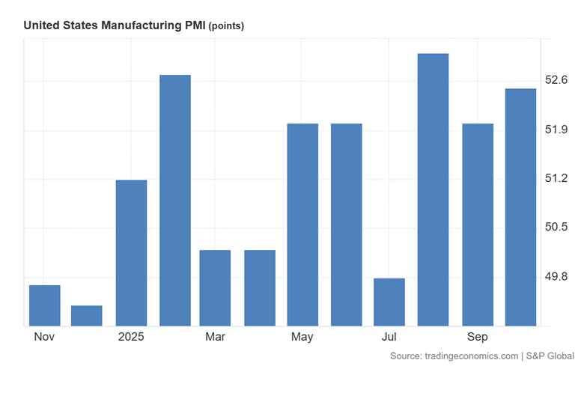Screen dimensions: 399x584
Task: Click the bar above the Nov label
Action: coord(44,305)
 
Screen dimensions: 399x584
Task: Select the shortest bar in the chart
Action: coord(87,316)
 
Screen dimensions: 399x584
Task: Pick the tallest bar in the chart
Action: coord(433,189)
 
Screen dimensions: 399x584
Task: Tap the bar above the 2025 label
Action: coord(131,253)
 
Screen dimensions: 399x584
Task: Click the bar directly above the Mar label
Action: coord(215,288)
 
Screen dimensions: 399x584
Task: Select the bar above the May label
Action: coord(302,225)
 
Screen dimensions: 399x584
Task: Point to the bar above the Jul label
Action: coord(389,302)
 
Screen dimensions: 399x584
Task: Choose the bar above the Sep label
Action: coord(478,225)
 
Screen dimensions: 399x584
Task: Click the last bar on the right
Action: coord(521,207)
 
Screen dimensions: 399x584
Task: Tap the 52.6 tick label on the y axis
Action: coord(557,80)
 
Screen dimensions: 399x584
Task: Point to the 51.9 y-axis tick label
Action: coord(557,130)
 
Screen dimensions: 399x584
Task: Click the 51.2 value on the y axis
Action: coord(557,178)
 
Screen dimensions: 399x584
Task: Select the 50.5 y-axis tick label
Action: coord(557,228)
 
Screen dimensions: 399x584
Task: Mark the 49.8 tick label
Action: coord(557,277)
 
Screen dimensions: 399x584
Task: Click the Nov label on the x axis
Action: coord(44,337)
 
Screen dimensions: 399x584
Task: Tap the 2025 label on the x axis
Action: coord(131,337)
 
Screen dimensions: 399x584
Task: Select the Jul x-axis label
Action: coord(389,337)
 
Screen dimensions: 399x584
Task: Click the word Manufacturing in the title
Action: coord(142,25)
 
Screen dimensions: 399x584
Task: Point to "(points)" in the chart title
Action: coord(226,26)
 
